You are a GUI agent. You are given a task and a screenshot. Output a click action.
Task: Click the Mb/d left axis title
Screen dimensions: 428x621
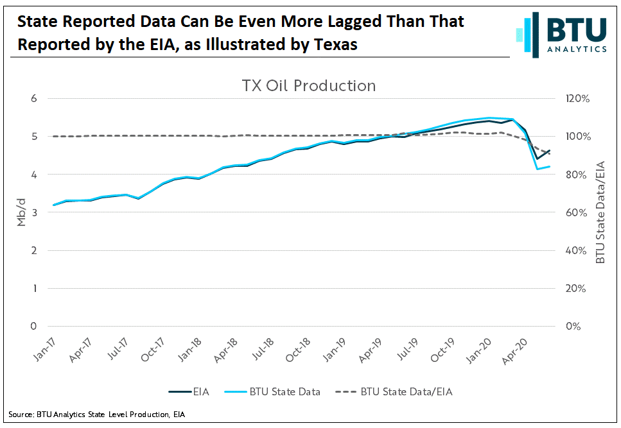21,212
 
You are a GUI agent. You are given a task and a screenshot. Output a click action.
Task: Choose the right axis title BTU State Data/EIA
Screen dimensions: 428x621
600,212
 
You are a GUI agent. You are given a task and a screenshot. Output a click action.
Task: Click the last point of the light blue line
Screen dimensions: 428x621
550,166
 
